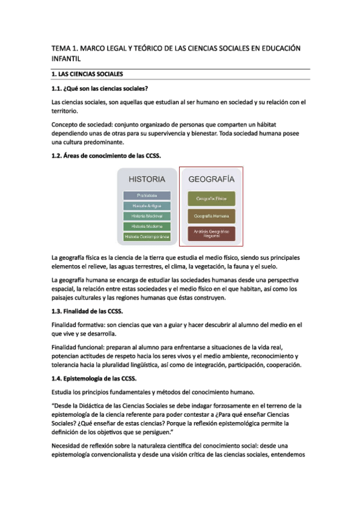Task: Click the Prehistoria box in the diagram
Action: (147, 195)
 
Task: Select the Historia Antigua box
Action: (147, 206)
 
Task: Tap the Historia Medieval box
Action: (147, 216)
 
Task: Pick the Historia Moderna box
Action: (147, 226)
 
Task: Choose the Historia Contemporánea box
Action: (147, 237)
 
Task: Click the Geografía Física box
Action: (212, 198)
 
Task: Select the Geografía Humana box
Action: (212, 215)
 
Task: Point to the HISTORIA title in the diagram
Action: (147, 179)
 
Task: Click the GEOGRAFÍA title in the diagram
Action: (212, 179)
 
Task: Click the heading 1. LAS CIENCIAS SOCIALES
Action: (87, 75)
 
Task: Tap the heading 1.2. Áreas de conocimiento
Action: (106, 155)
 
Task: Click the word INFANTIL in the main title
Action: (66, 59)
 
